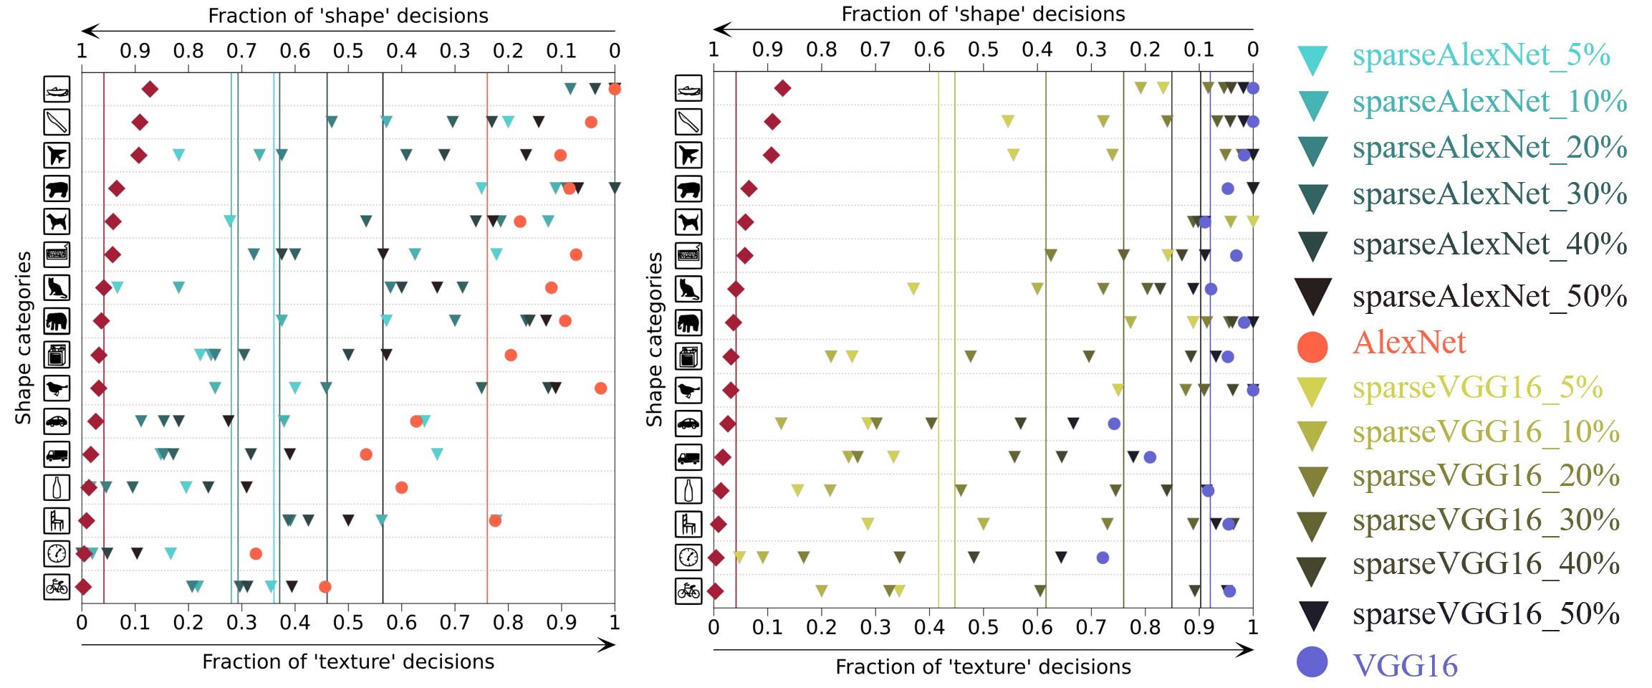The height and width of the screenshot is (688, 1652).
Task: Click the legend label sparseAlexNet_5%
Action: pyautogui.click(x=1481, y=55)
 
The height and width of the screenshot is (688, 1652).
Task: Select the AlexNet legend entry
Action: pyautogui.click(x=1408, y=343)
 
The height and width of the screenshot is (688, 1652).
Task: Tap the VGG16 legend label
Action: pyautogui.click(x=1404, y=666)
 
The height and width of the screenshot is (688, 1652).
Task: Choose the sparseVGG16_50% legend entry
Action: pyautogui.click(x=1485, y=614)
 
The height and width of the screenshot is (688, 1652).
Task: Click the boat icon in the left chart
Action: pyautogui.click(x=57, y=90)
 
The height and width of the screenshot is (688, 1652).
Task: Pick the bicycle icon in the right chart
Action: pyautogui.click(x=688, y=591)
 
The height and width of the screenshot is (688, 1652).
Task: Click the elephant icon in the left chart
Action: pyautogui.click(x=57, y=321)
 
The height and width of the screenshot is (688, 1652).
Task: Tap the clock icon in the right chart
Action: pyautogui.click(x=688, y=558)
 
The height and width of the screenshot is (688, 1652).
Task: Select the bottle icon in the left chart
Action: pyautogui.click(x=57, y=487)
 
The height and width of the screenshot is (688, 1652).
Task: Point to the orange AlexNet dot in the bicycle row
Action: pyautogui.click(x=325, y=587)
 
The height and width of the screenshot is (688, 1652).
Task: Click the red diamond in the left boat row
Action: pyautogui.click(x=150, y=89)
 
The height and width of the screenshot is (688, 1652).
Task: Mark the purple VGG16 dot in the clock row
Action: pyautogui.click(x=1103, y=558)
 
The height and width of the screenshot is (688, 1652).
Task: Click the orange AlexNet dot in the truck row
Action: pyautogui.click(x=366, y=454)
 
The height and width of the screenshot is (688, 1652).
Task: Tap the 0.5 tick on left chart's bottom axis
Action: pyautogui.click(x=348, y=622)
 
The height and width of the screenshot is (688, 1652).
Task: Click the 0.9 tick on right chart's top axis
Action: pyautogui.click(x=767, y=49)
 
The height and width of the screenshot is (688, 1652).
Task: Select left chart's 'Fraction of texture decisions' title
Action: pyautogui.click(x=348, y=661)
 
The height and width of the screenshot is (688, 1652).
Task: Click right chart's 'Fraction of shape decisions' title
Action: pyautogui.click(x=983, y=14)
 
